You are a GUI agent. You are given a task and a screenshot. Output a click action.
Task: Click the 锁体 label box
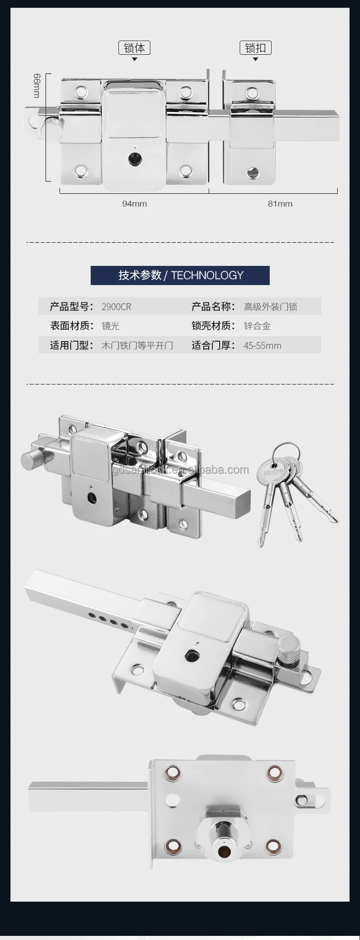coord(134,48)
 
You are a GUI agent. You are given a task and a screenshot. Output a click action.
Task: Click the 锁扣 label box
coord(255,48)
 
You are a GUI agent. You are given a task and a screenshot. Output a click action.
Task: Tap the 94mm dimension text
coord(134,203)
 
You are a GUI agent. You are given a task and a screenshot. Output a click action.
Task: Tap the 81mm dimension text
coord(280,203)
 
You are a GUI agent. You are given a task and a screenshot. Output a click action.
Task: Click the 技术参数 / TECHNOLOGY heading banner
coord(180,275)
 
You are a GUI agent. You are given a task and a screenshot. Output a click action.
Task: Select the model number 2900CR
coord(116,307)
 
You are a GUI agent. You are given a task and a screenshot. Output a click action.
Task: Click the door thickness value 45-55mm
coord(262,346)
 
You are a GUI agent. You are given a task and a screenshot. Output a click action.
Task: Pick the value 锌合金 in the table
coord(257,326)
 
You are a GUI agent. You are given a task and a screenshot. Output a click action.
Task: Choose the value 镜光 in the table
coord(110,326)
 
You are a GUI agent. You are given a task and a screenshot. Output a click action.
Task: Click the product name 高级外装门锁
coord(270,307)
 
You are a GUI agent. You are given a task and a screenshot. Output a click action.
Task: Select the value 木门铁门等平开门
coord(137,346)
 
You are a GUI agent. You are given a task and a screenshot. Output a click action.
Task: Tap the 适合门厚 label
coord(213,346)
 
